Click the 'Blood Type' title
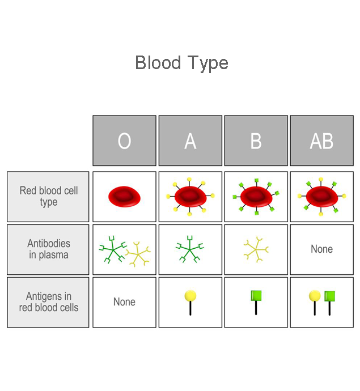click(x=181, y=63)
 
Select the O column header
click(x=124, y=141)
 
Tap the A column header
click(x=190, y=141)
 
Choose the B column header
click(x=256, y=141)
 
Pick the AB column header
click(x=322, y=141)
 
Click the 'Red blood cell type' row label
click(x=49, y=196)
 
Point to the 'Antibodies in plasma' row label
click(x=49, y=249)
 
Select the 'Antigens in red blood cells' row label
click(x=49, y=302)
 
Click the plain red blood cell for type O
click(x=124, y=197)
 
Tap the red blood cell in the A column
click(x=190, y=197)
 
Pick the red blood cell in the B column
click(x=256, y=197)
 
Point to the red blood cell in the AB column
click(x=322, y=197)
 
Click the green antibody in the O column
click(x=113, y=249)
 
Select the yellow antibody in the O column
click(x=138, y=254)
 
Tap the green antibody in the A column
click(x=190, y=249)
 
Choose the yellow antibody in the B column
click(x=256, y=249)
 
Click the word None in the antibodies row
click(x=322, y=249)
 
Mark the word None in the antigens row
click(x=124, y=302)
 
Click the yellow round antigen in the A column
click(x=190, y=303)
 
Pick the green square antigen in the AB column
click(x=329, y=303)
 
